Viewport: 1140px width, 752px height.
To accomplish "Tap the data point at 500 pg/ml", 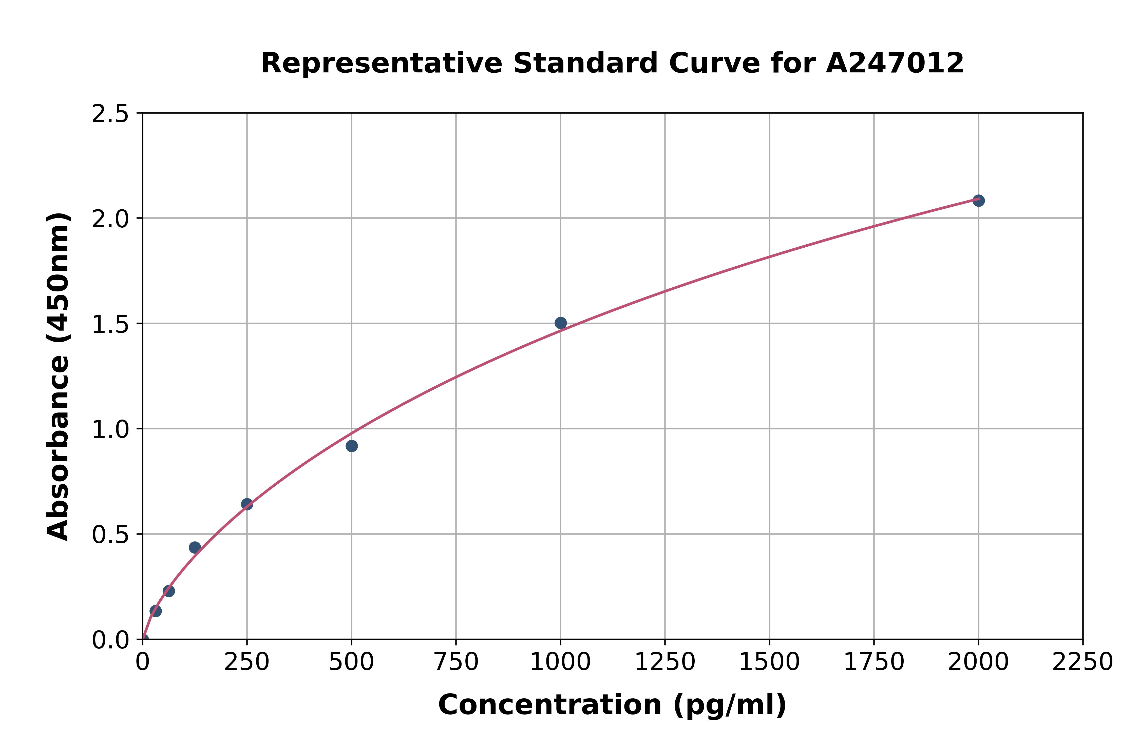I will point(351,446).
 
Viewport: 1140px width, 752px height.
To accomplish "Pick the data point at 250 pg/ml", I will point(246,504).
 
